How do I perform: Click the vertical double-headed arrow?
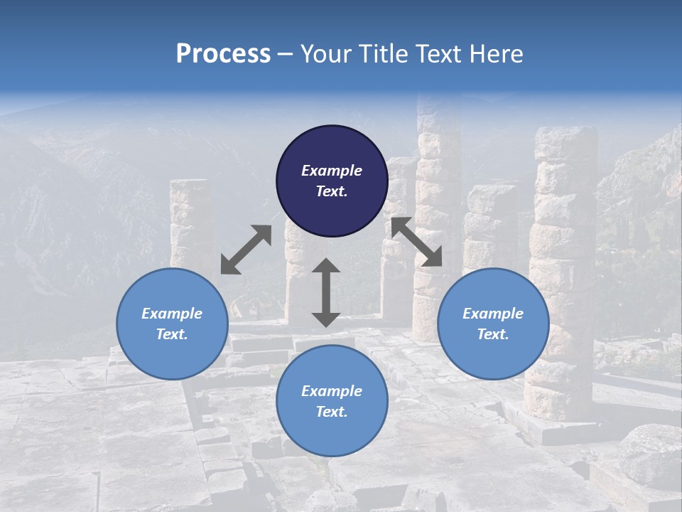pos(326,292)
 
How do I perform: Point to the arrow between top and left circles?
pos(246,250)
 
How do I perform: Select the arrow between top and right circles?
pos(416,242)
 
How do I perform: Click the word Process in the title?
pos(223,54)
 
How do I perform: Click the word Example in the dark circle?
pos(332,171)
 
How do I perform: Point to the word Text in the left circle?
pos(172,334)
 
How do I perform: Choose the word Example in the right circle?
pos(493,314)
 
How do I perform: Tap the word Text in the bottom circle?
pos(332,412)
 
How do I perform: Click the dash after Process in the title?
pos(286,55)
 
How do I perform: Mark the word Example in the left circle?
pos(172,314)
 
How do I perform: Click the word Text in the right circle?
pos(493,334)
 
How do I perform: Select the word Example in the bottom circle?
pos(332,391)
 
